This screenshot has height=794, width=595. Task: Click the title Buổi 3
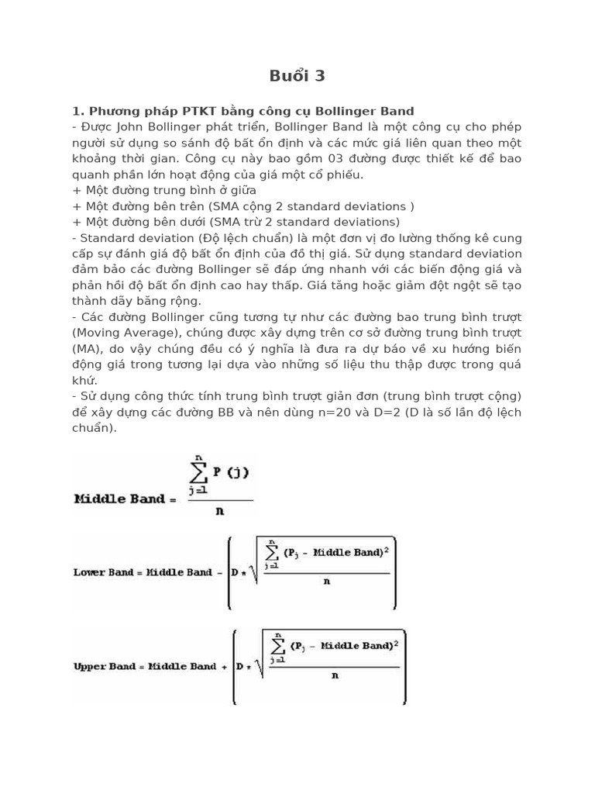click(x=297, y=76)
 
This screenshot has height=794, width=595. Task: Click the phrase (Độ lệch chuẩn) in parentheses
click(x=240, y=238)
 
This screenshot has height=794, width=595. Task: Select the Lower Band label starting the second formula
click(x=102, y=572)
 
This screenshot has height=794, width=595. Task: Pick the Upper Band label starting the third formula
click(x=104, y=666)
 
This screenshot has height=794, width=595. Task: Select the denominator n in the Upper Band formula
click(x=335, y=675)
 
